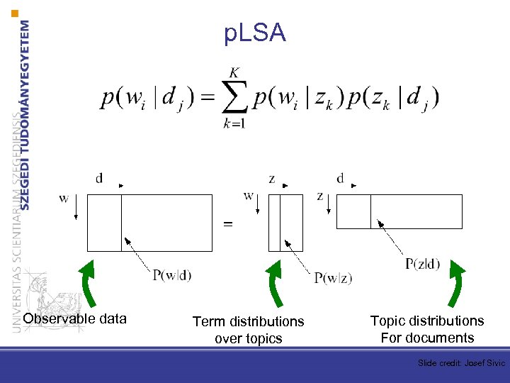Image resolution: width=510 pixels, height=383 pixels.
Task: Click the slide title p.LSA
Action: point(255,33)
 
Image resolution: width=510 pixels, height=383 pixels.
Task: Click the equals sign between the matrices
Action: point(227,224)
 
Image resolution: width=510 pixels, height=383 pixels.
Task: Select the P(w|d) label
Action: point(172,275)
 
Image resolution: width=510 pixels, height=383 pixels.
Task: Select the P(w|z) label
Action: point(332,278)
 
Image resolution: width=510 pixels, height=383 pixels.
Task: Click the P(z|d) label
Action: point(423,264)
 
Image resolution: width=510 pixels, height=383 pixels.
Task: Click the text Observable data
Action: point(74,318)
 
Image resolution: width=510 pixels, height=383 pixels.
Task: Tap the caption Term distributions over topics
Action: point(248,330)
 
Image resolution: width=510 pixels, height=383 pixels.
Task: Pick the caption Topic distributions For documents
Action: point(427,329)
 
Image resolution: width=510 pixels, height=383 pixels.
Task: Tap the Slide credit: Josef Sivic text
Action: point(461,363)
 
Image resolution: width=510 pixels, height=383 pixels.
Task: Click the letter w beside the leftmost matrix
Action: point(64,199)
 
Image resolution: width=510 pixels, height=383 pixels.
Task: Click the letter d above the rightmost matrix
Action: point(340,178)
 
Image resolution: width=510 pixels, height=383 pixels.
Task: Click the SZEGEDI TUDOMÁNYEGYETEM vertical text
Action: point(25,113)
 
